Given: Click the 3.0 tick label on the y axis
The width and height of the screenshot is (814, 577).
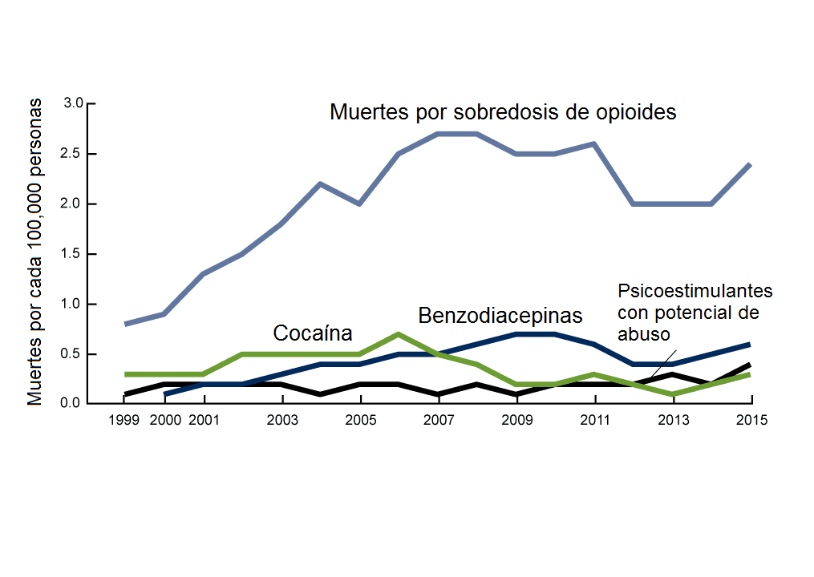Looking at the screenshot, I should tap(74, 103).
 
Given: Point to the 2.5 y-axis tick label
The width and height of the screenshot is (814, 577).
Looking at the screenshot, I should tap(74, 154).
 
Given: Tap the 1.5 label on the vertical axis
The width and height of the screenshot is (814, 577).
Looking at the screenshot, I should tap(74, 254).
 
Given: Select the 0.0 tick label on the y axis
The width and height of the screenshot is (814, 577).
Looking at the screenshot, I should tap(74, 404).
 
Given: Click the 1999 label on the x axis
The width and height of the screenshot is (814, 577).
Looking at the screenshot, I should tap(126, 420).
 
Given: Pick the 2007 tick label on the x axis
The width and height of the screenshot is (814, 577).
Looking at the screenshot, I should tap(438, 420).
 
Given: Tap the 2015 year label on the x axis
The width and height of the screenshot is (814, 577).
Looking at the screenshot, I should tap(751, 420).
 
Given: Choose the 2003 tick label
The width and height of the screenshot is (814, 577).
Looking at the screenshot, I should tap(282, 420).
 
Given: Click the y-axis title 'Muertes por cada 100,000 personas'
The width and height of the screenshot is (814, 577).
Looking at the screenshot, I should tap(35, 253).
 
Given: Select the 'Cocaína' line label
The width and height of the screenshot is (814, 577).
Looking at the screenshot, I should tap(313, 333).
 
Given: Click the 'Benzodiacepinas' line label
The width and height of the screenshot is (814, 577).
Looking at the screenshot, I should tap(500, 314).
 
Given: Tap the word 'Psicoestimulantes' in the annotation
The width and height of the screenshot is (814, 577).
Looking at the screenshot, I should tap(695, 290).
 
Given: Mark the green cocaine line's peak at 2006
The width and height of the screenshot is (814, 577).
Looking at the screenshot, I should tap(399, 334).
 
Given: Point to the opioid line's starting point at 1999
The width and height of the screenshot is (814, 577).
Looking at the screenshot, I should tap(126, 324).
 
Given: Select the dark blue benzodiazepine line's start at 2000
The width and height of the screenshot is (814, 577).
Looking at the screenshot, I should tap(165, 393).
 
